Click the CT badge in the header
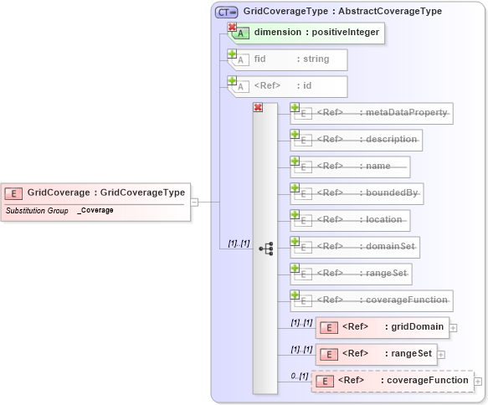coord(226,12)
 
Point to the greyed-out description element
coord(356,140)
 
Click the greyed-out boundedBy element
coord(356,193)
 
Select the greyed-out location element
coord(350,220)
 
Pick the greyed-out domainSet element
coord(355,247)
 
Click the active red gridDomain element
coord(383,327)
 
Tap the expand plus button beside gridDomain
coord(454,327)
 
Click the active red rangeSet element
coord(377,354)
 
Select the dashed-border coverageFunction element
coord(393,381)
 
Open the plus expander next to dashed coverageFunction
coord(478,382)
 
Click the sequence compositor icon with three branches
coord(266,249)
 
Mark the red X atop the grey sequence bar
coord(258,108)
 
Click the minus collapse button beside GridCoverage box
coord(194,202)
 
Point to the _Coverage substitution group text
coord(95,211)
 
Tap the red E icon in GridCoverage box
coord(13,193)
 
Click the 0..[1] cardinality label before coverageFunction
coord(299,376)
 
